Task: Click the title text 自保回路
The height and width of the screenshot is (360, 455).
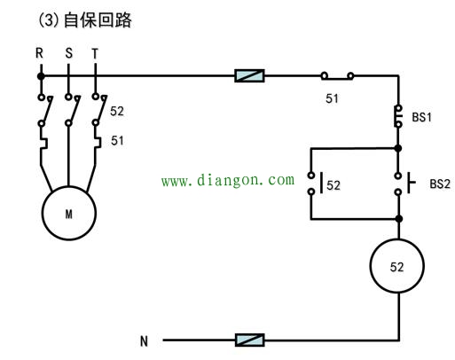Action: point(98,20)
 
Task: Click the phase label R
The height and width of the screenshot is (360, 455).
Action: point(39,53)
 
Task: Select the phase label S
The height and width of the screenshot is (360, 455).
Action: point(68,53)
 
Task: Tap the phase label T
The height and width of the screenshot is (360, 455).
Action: point(95,53)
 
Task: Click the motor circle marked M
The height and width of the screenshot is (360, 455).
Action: point(69,213)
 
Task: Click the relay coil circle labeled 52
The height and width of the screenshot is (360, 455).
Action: point(397,266)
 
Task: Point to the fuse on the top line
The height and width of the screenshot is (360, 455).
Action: point(249,75)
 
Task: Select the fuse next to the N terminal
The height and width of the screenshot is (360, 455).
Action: point(250,340)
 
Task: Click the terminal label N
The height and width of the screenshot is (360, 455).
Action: point(144,341)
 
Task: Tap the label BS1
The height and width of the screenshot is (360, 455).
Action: point(422,117)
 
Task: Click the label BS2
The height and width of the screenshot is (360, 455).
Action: point(440,184)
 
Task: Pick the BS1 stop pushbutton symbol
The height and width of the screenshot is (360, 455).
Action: point(398,116)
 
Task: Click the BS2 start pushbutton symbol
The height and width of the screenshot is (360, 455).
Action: point(404,184)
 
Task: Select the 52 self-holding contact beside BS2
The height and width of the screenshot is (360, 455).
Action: point(315,184)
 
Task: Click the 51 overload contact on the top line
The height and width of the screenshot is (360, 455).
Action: point(337,76)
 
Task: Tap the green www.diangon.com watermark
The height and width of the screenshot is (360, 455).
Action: point(228,180)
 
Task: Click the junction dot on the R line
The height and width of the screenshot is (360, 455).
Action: point(41,76)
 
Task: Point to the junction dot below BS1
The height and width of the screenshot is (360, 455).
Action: point(398,148)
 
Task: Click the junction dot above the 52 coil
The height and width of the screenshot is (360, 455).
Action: point(399,219)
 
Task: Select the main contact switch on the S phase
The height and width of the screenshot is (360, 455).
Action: point(72,110)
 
